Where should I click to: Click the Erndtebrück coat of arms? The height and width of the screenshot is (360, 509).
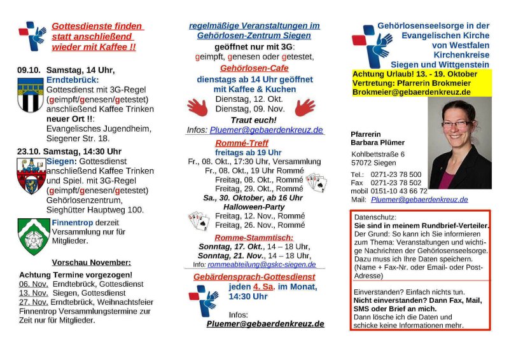pos(31,95)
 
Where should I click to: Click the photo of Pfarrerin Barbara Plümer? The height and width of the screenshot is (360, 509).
pos(460,144)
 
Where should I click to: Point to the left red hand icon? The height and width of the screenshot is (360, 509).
pos(197,107)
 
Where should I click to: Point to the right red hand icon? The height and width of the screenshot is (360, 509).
pos(305,107)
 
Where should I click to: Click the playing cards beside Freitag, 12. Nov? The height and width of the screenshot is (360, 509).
pos(199,221)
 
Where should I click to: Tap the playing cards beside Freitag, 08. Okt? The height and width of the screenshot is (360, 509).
pos(316,183)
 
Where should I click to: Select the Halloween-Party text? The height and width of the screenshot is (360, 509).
pos(253,207)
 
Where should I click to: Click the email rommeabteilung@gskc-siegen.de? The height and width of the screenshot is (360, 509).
pos(261,264)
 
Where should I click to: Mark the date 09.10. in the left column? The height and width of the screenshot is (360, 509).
pos(29,69)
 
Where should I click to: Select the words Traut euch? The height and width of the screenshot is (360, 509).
pos(253,120)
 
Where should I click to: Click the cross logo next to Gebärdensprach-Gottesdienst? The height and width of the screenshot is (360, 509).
pos(204,299)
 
